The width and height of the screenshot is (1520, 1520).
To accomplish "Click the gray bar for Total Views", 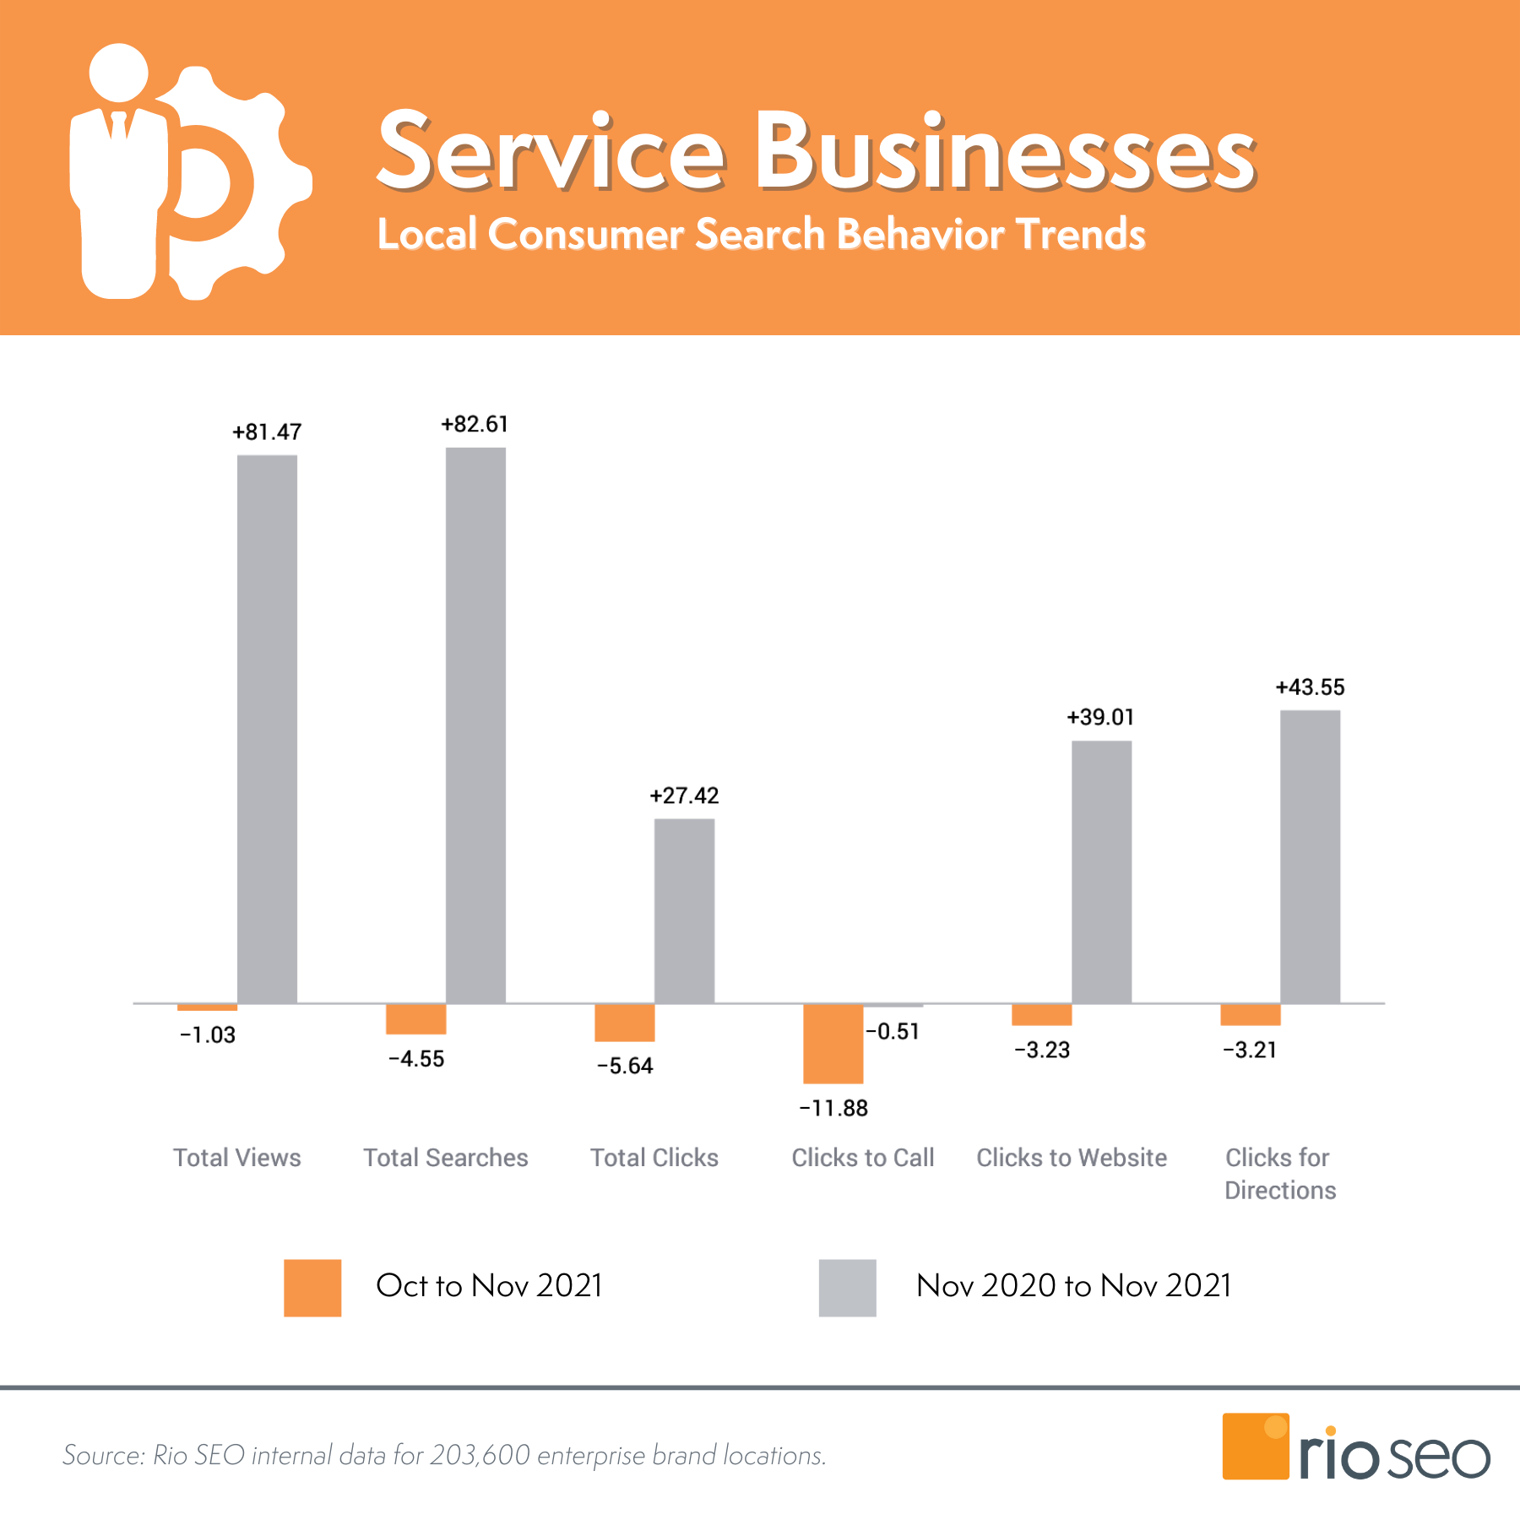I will tap(267, 729).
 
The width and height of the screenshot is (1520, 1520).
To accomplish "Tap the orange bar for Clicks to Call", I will tap(833, 1043).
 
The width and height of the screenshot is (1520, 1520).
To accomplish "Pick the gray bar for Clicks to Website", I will tap(1101, 871).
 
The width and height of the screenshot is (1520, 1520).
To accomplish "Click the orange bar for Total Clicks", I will tap(624, 1023).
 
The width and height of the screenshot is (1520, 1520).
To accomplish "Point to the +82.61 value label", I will tap(475, 424).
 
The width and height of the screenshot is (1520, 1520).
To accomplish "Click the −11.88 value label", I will tap(833, 1108).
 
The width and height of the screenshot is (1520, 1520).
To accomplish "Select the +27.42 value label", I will tap(684, 795).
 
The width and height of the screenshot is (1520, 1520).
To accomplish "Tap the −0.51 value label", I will tap(893, 1031).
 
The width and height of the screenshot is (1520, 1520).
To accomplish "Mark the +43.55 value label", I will tap(1310, 687).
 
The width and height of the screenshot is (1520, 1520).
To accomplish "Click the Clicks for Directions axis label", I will tap(1279, 1174).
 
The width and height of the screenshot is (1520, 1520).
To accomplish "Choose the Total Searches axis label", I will tap(446, 1158).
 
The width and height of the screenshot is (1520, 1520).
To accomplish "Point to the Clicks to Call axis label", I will tap(862, 1158).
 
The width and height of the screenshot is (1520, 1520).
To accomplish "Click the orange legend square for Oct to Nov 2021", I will tap(312, 1288).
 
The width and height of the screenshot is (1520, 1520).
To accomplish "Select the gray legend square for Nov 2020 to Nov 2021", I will tap(847, 1288).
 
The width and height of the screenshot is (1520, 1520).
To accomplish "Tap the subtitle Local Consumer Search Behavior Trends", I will tap(761, 235).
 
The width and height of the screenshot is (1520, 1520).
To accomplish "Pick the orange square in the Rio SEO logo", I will tap(1255, 1447).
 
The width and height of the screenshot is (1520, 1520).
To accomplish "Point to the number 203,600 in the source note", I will tap(480, 1456).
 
